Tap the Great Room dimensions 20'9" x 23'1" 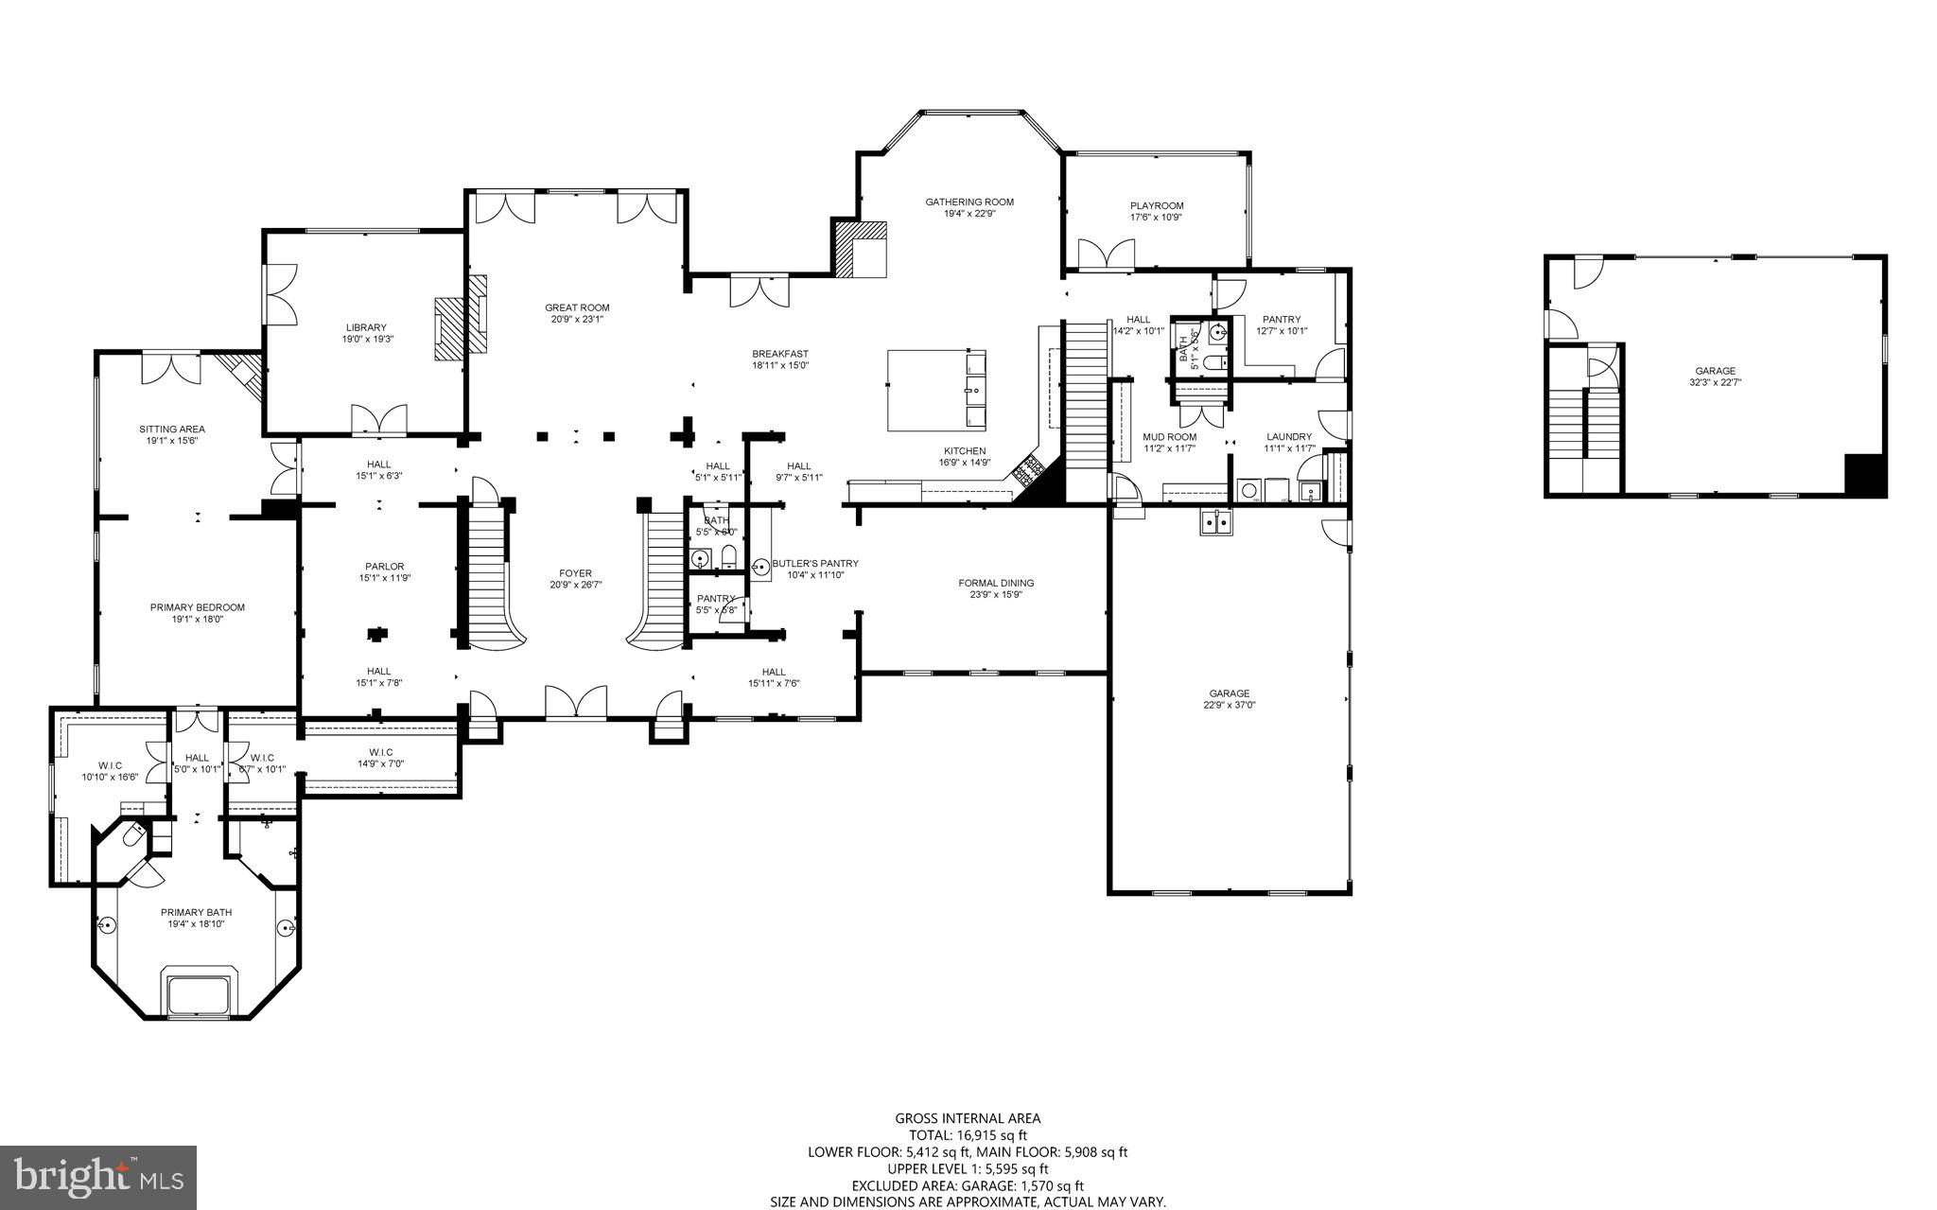click(577, 320)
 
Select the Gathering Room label click(969, 202)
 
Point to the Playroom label click(1156, 205)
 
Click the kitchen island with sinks click(936, 390)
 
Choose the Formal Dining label click(995, 583)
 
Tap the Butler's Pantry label click(814, 563)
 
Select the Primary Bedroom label click(197, 607)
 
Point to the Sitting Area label click(172, 429)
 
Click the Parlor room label click(384, 567)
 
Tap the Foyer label click(575, 573)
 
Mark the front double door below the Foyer click(576, 703)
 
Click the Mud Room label click(1169, 437)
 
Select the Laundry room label click(1288, 437)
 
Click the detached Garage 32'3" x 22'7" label click(1715, 371)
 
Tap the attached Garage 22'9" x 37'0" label click(1228, 693)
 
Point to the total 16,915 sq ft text click(968, 1135)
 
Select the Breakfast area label click(780, 354)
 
